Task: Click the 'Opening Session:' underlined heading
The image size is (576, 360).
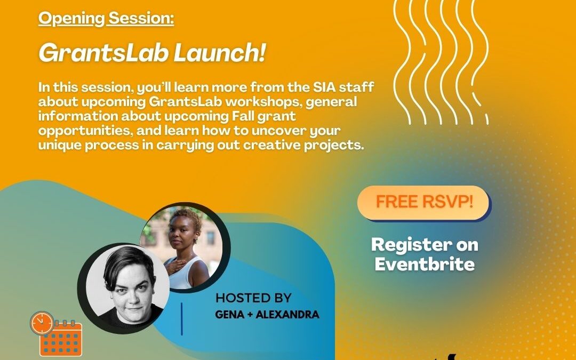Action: coord(106,18)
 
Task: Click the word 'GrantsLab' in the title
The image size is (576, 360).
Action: coord(103,53)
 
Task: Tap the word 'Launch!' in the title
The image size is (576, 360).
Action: coord(219,53)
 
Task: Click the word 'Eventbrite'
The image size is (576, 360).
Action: coord(425,264)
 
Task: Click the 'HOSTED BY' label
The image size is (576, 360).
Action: coord(253,298)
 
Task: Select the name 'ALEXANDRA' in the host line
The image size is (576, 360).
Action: coord(287,315)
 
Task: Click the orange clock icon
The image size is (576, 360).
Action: coord(42,323)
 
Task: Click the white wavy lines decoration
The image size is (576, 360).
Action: coord(441,62)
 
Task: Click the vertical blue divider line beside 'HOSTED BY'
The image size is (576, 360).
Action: coord(182,319)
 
